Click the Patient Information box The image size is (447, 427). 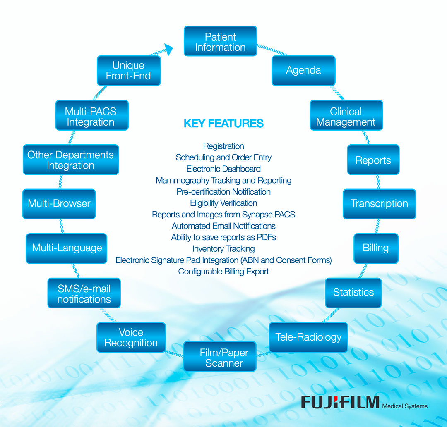pyautogui.click(x=220, y=41)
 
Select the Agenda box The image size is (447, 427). pyautogui.click(x=303, y=70)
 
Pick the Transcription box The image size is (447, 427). pyautogui.click(x=379, y=203)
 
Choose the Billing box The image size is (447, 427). pyautogui.click(x=376, y=248)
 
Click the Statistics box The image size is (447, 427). pyautogui.click(x=353, y=292)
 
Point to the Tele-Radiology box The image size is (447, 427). pyautogui.click(x=308, y=337)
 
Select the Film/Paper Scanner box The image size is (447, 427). pyautogui.click(x=220, y=357)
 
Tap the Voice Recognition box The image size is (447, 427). pyautogui.click(x=131, y=337)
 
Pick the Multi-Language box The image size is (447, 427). pyautogui.click(x=67, y=248)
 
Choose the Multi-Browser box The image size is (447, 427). pyautogui.click(x=59, y=203)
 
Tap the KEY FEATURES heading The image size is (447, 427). pyautogui.click(x=223, y=123)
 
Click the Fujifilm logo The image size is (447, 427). pyautogui.click(x=340, y=402)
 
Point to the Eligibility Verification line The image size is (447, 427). pyautogui.click(x=223, y=203)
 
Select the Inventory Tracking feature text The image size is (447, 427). pyautogui.click(x=223, y=248)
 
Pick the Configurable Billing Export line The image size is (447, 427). pyautogui.click(x=223, y=272)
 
